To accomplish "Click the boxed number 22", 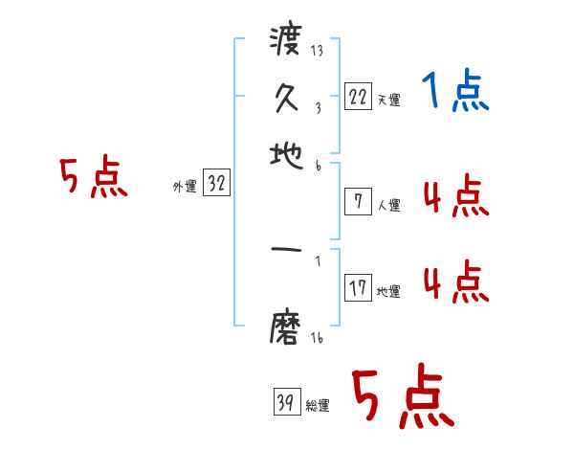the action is tap(357, 97).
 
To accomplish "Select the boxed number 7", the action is tap(357, 201).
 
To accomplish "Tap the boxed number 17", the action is tap(357, 288).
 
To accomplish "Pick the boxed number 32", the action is tap(216, 184).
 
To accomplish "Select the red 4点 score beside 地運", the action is tap(455, 284).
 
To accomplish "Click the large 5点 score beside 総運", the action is tap(402, 398).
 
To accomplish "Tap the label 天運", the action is tap(388, 100).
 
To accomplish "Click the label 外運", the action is tap(184, 187).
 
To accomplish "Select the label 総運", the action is tap(318, 406).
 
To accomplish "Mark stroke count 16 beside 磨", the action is tap(317, 338).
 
